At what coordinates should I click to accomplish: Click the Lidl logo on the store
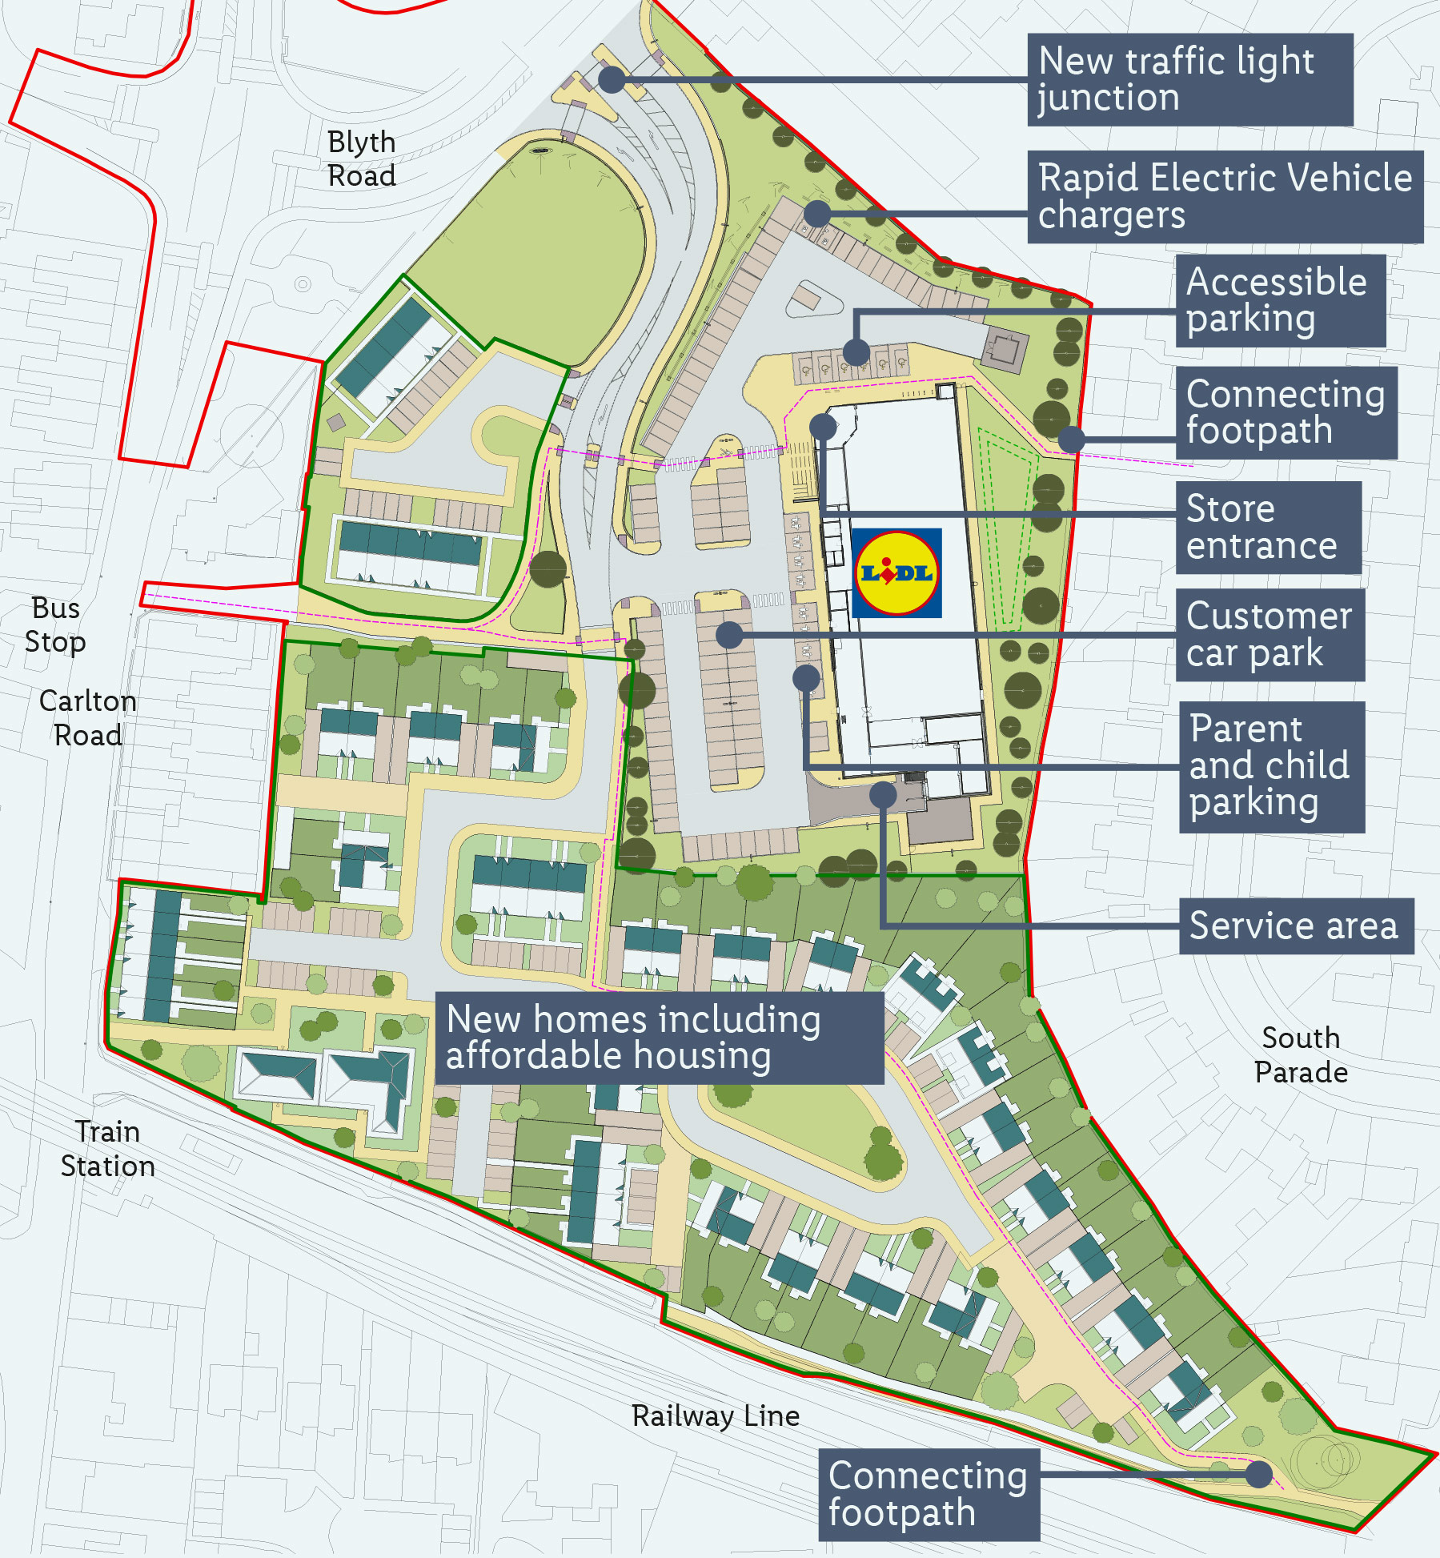pyautogui.click(x=896, y=572)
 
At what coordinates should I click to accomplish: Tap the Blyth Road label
pyautogui.click(x=362, y=159)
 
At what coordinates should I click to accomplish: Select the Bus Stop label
pyautogui.click(x=54, y=624)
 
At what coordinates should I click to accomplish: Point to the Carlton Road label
pyautogui.click(x=87, y=717)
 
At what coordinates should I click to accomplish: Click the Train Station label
pyautogui.click(x=107, y=1148)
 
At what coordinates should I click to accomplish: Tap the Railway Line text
pyautogui.click(x=715, y=1415)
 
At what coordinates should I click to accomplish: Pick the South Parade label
pyautogui.click(x=1300, y=1054)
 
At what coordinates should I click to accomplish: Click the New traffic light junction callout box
pyautogui.click(x=1189, y=79)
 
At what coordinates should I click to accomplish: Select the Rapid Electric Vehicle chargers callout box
pyautogui.click(x=1225, y=196)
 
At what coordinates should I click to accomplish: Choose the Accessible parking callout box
pyautogui.click(x=1279, y=300)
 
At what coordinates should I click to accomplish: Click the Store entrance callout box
pyautogui.click(x=1267, y=527)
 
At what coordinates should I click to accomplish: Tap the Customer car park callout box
pyautogui.click(x=1269, y=634)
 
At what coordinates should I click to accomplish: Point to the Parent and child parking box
pyautogui.click(x=1270, y=766)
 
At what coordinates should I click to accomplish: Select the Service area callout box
pyautogui.click(x=1295, y=926)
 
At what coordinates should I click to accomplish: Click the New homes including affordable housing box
pyautogui.click(x=659, y=1038)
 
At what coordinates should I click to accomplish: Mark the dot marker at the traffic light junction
pyautogui.click(x=612, y=79)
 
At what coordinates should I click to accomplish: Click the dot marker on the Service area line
pyautogui.click(x=882, y=794)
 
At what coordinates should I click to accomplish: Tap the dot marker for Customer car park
pyautogui.click(x=728, y=635)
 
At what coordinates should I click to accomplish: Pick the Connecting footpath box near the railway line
pyautogui.click(x=929, y=1494)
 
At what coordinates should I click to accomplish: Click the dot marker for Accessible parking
pyautogui.click(x=856, y=351)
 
